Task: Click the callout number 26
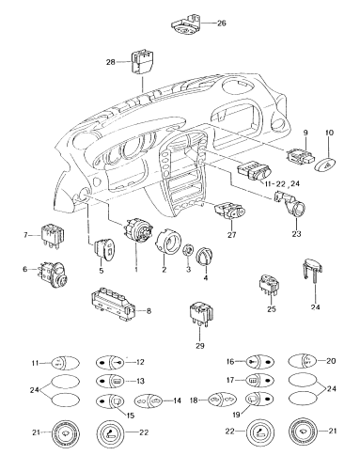pos(222,24)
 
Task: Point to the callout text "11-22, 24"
pos(281,183)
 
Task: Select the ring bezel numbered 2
pos(168,240)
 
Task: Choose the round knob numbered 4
pos(205,255)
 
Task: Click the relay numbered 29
pos(201,313)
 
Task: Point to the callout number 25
pos(272,309)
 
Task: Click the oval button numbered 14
pos(149,400)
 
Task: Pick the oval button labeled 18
pos(223,400)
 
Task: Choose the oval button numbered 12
pos(110,363)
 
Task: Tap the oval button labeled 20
pos(303,361)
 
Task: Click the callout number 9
pos(305,133)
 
